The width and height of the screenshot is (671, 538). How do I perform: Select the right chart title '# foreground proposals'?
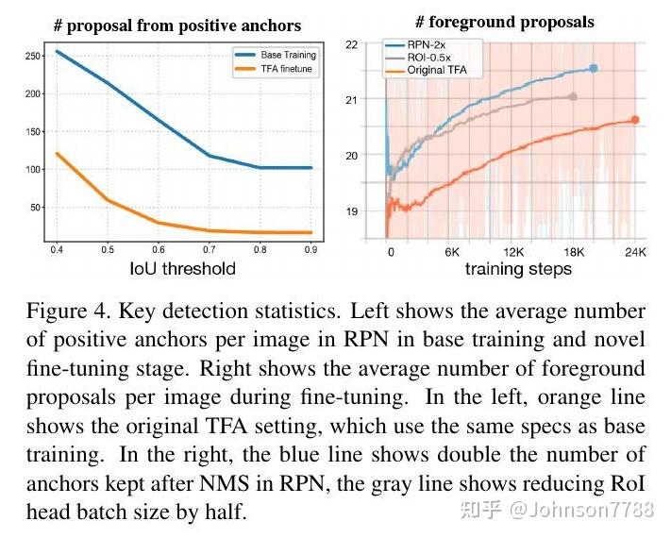point(505,22)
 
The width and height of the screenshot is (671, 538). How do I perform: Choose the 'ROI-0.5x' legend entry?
point(431,58)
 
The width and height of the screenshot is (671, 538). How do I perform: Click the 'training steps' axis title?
point(517,269)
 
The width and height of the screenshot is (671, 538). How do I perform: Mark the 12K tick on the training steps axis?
point(514,253)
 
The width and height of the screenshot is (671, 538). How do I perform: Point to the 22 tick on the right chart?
point(351,44)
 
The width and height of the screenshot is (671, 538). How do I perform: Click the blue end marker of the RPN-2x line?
point(594,68)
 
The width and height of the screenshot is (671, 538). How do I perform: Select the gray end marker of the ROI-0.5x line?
point(572,96)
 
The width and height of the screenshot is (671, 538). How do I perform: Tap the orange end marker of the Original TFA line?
point(635,120)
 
